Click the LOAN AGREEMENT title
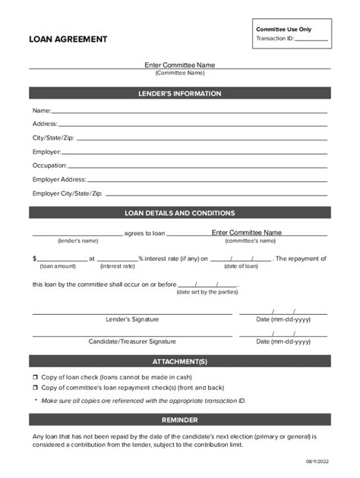point(68,39)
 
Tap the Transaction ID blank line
point(311,39)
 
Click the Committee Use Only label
point(283,29)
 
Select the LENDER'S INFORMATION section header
point(180,94)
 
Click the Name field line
point(190,112)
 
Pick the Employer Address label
point(59,180)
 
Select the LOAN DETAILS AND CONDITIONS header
point(180,213)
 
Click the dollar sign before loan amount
point(34,259)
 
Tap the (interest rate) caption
point(117,266)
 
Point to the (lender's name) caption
point(77,241)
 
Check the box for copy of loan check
point(35,377)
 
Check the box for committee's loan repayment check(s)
point(35,387)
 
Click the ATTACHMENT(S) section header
point(180,362)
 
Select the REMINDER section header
point(180,420)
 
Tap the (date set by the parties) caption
point(207,292)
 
